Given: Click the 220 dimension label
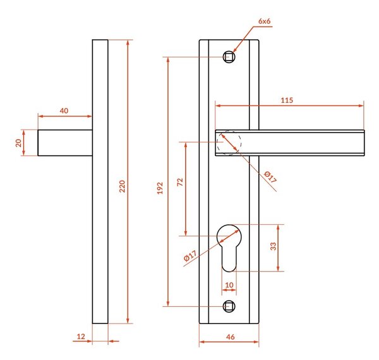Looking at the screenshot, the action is [x=123, y=186].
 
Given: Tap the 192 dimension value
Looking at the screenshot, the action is [x=160, y=188].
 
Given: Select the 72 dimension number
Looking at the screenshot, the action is [x=180, y=182].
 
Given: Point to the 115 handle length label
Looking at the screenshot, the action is [x=287, y=100].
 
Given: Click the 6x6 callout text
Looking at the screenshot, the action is [x=265, y=21].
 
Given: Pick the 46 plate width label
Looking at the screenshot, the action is [x=231, y=337].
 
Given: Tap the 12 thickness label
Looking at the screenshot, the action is [x=81, y=337].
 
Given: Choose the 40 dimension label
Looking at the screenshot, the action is [x=64, y=111].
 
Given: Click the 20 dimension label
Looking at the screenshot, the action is [x=18, y=143].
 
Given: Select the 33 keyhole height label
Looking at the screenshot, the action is [x=273, y=246].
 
